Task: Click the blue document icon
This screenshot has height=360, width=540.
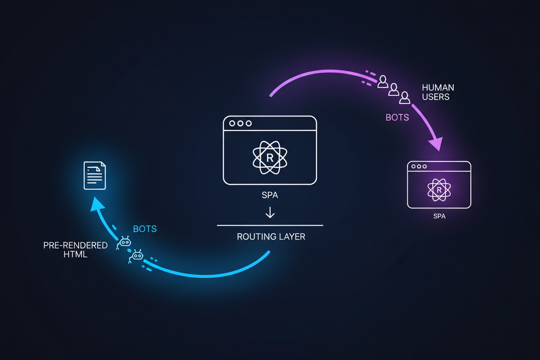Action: coord(95,175)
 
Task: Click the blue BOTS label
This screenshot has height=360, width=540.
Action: coord(145,229)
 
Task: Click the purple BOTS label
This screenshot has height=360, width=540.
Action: coord(397,117)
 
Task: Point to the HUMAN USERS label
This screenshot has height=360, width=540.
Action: coord(438,92)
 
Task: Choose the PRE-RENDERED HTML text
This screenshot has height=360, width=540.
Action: coord(75,250)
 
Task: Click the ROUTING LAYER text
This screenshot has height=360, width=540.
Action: coord(271,237)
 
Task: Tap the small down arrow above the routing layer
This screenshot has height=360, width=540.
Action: coord(270,212)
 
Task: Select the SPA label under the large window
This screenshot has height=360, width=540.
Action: coord(270,195)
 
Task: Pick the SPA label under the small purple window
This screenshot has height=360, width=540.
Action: coord(439,216)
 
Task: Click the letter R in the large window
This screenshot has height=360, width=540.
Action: coord(270,158)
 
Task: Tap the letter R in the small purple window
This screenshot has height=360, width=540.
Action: coord(439,190)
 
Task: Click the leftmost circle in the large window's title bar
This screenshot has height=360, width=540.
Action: coord(232,123)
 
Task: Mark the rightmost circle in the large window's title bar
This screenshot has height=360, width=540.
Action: coord(249,123)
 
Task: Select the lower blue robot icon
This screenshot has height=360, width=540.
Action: coord(137,256)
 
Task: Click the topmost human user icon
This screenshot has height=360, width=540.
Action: coord(383,81)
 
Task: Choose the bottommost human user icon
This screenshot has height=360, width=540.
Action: coord(405,98)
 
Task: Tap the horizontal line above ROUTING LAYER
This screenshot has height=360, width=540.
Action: coord(270,225)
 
